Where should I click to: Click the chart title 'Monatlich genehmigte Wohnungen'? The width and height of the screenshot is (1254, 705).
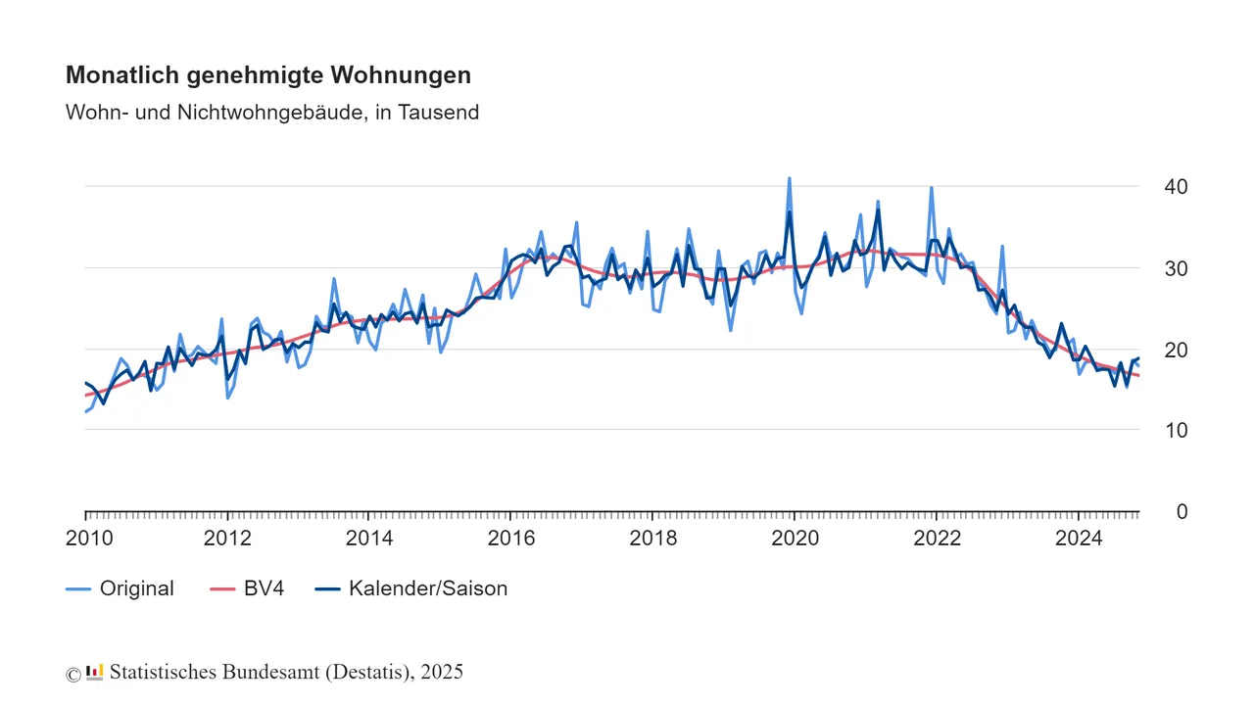pos(267,75)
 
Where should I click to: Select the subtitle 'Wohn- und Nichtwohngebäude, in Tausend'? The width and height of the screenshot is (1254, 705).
pos(272,113)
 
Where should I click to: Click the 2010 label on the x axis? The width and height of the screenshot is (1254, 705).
pos(89,538)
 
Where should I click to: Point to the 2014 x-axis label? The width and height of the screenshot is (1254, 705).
pos(369,538)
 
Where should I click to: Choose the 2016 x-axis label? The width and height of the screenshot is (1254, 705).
pos(510,538)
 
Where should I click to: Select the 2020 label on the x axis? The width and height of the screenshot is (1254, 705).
pos(795,538)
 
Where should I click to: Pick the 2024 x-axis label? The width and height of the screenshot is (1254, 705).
pos(1078,538)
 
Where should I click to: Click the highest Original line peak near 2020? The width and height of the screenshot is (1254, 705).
pos(789,178)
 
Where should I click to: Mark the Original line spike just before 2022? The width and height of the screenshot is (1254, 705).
pos(931,187)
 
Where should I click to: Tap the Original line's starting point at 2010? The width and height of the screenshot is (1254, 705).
pos(85,412)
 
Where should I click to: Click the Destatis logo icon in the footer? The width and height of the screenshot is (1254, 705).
pos(95,672)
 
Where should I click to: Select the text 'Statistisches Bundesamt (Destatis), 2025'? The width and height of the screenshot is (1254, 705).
pos(286,673)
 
